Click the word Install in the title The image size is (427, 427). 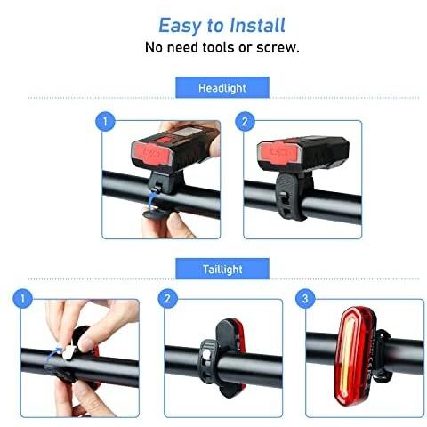pos(257,25)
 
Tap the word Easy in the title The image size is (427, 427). pos(180,27)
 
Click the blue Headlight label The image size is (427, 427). pos(222,87)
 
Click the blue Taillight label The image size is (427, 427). pos(222,269)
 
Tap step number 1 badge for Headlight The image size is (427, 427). pos(105,121)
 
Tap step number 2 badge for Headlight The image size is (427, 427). pos(245,121)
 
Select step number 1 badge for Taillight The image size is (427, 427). pos(22,298)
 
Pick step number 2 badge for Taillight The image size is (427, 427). pos(167,298)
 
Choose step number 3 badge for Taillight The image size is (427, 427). pos(305,298)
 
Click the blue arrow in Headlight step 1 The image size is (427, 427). pos(151,198)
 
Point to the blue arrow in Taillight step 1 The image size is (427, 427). pos(54,353)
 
